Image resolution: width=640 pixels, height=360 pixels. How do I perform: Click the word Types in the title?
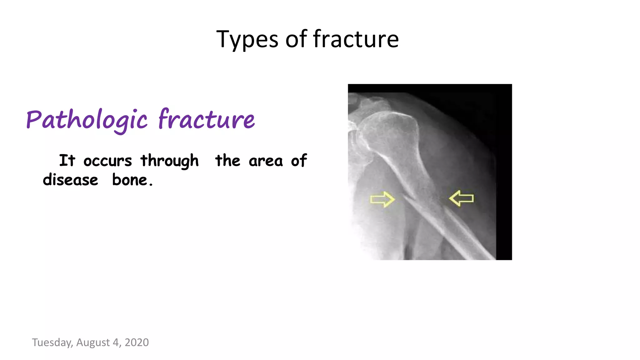pos(247,40)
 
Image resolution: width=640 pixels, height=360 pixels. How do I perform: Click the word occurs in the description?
pos(107,161)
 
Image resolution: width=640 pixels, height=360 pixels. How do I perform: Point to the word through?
pos(169,161)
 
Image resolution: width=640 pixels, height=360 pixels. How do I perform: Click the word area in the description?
pos(266,161)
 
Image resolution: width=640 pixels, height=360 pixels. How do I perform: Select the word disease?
pos(70,180)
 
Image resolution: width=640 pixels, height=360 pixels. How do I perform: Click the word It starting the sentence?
pos(67,161)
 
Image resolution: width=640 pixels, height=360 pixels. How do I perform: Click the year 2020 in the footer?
pos(137,342)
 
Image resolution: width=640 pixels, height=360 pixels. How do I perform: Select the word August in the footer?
pos(93,342)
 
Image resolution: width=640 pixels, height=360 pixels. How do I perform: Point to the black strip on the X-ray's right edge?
pos(504,172)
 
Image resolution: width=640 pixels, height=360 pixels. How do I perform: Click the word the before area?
pos(227,161)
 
